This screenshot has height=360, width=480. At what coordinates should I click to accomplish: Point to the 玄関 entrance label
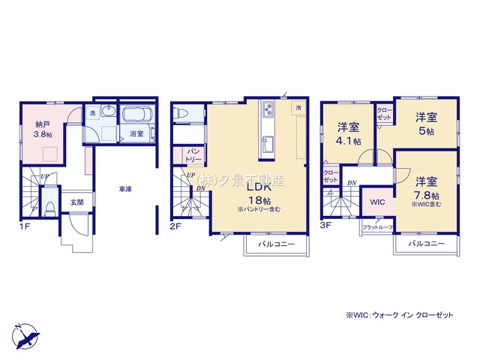(x=77, y=202)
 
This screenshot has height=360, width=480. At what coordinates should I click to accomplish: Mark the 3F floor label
(x=327, y=224)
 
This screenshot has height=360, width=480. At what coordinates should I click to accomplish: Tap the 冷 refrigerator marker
(x=298, y=109)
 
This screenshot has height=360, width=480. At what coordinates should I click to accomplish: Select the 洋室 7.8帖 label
(x=425, y=187)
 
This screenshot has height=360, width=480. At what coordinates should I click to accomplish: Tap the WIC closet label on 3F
(x=378, y=201)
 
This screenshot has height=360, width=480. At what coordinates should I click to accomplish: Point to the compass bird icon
(x=24, y=332)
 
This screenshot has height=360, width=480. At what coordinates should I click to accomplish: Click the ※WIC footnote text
(x=400, y=315)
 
